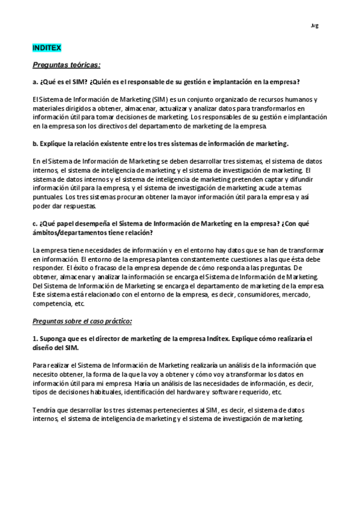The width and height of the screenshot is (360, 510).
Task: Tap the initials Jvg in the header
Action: [x=314, y=25]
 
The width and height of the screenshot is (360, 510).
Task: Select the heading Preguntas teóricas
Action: [x=66, y=64]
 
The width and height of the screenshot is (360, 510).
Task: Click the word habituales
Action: [x=97, y=392]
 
